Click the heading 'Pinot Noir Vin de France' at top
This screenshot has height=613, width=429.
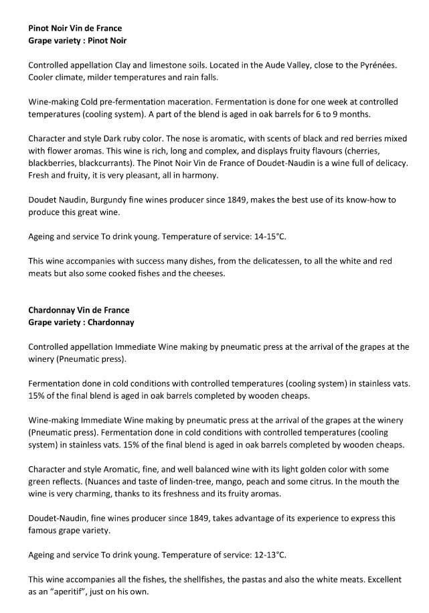click(75, 29)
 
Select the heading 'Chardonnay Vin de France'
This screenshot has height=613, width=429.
click(79, 310)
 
